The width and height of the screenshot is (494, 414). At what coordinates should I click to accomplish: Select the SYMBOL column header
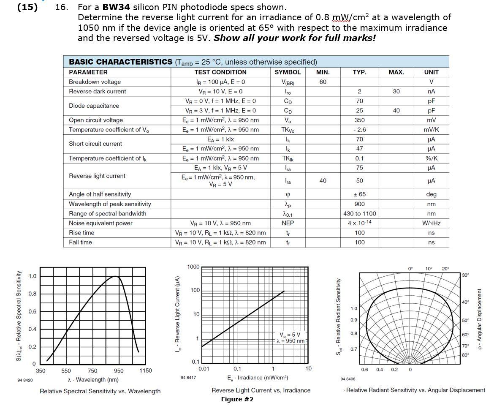point(288,72)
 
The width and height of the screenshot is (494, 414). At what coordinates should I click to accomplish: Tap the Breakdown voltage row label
point(95,82)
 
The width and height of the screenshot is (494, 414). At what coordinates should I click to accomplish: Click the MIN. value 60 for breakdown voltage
point(323,82)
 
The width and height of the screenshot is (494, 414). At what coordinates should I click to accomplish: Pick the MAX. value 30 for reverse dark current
point(396,91)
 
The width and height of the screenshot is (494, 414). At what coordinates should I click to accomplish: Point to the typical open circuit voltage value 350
point(359,120)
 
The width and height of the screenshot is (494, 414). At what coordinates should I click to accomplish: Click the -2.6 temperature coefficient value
point(359,130)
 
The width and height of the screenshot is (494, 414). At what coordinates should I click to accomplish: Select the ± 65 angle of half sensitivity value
point(359,194)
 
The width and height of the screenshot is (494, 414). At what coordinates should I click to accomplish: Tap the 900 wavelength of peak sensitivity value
point(359,204)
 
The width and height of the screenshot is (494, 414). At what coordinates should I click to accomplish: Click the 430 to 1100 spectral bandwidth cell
point(359,214)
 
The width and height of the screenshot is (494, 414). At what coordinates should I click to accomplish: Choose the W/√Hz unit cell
point(431,223)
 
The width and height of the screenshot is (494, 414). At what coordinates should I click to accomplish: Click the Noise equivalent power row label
point(100,223)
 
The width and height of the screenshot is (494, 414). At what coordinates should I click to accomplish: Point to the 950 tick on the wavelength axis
point(119,371)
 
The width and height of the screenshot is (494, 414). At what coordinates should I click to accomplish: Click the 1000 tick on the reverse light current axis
point(193,267)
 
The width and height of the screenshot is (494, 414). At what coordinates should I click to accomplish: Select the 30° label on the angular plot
point(465,275)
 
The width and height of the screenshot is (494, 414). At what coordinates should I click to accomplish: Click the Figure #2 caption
point(237,400)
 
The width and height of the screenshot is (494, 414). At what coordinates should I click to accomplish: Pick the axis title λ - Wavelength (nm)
point(93,380)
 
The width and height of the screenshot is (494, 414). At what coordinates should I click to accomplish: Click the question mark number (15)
point(27,7)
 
